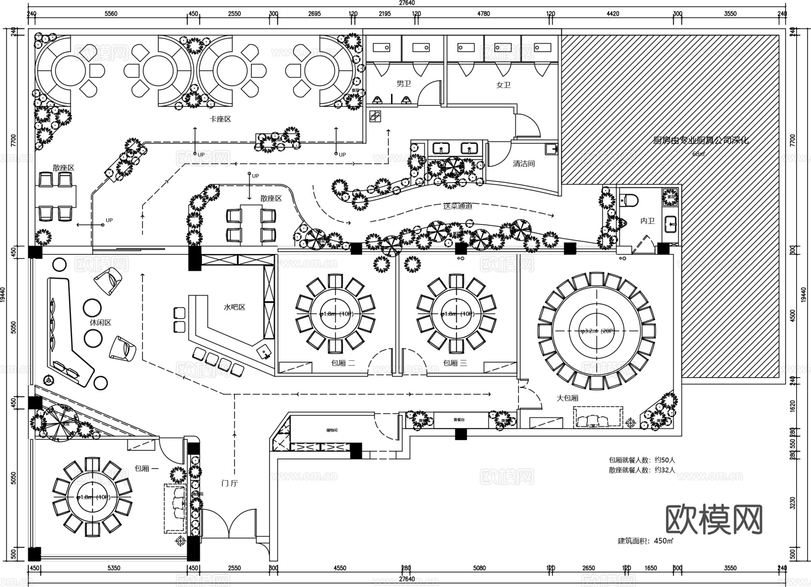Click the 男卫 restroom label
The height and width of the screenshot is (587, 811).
(403, 84)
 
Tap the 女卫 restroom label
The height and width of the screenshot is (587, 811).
(503, 85)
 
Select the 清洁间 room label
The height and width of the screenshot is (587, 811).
(523, 164)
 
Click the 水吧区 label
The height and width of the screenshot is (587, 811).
(234, 307)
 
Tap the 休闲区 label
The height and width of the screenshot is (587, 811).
(100, 323)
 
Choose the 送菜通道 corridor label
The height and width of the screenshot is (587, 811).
(457, 206)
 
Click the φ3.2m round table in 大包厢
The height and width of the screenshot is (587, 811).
(597, 331)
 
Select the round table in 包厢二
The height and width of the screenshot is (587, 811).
(336, 314)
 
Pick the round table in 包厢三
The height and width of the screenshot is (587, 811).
(456, 314)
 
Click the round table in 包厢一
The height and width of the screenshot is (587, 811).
(92, 497)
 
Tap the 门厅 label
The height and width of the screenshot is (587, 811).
(230, 483)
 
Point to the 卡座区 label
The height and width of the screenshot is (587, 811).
(220, 119)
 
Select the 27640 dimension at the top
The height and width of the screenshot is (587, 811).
(406, 3)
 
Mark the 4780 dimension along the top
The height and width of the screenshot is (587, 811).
(483, 14)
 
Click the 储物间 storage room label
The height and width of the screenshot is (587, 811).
(332, 430)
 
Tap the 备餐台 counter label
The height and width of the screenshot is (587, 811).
(458, 420)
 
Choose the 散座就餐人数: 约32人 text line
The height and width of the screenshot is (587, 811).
(642, 470)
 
